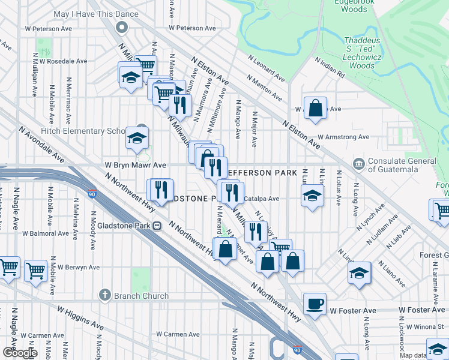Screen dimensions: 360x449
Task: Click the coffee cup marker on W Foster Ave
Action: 315,304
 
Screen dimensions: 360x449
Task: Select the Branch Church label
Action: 142,296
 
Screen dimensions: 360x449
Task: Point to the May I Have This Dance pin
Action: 122,27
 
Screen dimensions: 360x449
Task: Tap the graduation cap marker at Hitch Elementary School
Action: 137,138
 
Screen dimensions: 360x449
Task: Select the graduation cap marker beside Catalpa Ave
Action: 312,197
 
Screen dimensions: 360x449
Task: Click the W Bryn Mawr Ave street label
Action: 135,164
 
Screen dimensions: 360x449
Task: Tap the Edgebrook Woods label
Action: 351,5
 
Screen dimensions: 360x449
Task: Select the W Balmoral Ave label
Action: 46,233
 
